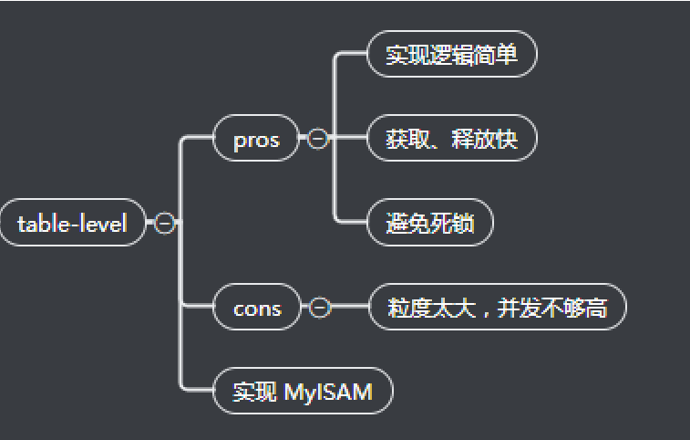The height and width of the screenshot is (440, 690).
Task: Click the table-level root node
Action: (72, 223)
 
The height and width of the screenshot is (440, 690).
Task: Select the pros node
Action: (256, 140)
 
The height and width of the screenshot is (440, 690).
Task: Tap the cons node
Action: (257, 309)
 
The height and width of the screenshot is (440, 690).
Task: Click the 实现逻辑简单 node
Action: (451, 56)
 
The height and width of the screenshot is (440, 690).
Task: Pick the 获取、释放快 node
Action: (451, 140)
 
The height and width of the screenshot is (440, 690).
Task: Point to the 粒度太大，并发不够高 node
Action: (497, 309)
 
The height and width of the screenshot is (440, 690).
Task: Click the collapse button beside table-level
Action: (165, 223)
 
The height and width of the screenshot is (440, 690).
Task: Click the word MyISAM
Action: (328, 393)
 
